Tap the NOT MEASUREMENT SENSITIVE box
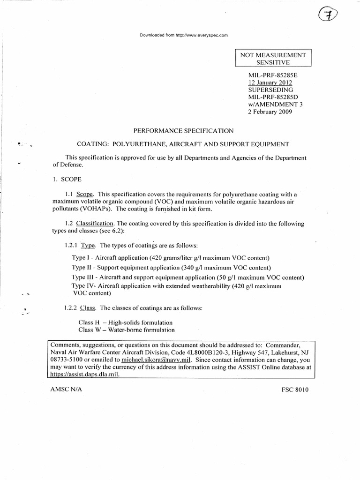tap(273, 59)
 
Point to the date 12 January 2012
tap(266, 82)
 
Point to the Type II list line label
tap(81, 268)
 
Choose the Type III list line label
tap(82, 277)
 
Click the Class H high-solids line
tap(126, 322)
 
